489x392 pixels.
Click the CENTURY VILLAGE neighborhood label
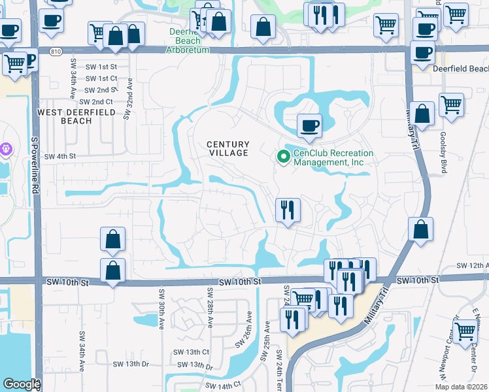pyautogui.click(x=228, y=148)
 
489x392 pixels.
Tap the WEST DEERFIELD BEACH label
pyautogui.click(x=76, y=116)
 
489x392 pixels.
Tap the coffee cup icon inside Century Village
pyautogui.click(x=309, y=125)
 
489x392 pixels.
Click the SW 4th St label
pyautogui.click(x=60, y=156)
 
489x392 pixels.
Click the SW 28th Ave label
pyautogui.click(x=210, y=307)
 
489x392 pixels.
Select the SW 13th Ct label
pyautogui.click(x=195, y=351)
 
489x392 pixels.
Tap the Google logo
pyautogui.click(x=22, y=384)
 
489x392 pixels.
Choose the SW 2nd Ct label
pyautogui.click(x=95, y=102)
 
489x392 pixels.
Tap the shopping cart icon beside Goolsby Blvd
pyautogui.click(x=451, y=105)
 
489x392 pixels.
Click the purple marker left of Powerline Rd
pyautogui.click(x=6, y=149)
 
